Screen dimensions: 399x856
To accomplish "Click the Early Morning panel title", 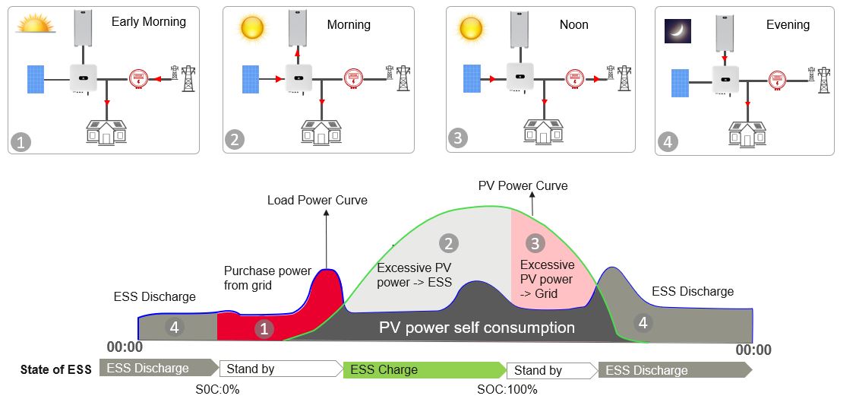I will pyautogui.click(x=148, y=22).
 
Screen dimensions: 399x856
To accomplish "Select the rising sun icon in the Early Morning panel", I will pyautogui.click(x=36, y=24).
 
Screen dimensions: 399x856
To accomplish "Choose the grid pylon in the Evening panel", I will pyautogui.click(x=823, y=79).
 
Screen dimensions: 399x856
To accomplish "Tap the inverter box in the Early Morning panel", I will pyautogui.click(x=83, y=78).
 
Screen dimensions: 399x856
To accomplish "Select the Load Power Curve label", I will pyautogui.click(x=317, y=201).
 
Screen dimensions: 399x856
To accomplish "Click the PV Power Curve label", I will pyautogui.click(x=523, y=185).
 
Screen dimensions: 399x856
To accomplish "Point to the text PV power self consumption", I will pyautogui.click(x=477, y=328).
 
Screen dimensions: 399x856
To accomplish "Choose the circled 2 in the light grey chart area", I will pyautogui.click(x=448, y=243).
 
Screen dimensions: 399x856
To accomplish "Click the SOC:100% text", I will pyautogui.click(x=507, y=390).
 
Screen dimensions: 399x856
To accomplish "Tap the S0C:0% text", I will pyautogui.click(x=219, y=390).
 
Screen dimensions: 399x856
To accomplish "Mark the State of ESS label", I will pyautogui.click(x=56, y=370).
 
